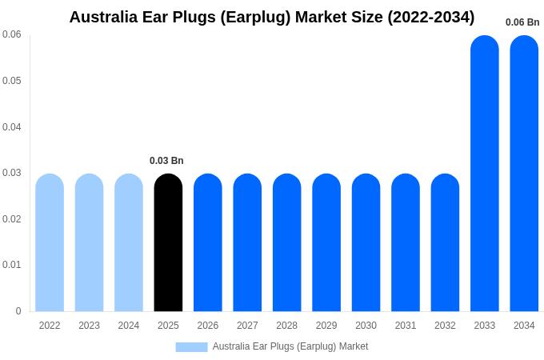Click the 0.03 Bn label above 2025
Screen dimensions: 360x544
pyautogui.click(x=166, y=161)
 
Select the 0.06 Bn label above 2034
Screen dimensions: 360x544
pyautogui.click(x=522, y=22)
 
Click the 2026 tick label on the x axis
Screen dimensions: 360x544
pyautogui.click(x=208, y=326)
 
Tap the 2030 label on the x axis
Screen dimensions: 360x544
pyautogui.click(x=366, y=326)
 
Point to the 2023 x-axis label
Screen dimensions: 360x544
pyautogui.click(x=89, y=326)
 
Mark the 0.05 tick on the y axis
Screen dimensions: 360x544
pyautogui.click(x=12, y=81)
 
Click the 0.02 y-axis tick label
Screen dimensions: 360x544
pyautogui.click(x=12, y=219)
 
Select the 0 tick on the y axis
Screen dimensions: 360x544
pyautogui.click(x=18, y=311)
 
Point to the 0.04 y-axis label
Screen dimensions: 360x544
pyautogui.click(x=12, y=127)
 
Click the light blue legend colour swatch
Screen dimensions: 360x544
pyautogui.click(x=191, y=347)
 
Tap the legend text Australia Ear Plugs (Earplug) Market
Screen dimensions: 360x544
pyautogui.click(x=290, y=346)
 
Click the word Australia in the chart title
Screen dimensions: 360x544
pyautogui.click(x=103, y=17)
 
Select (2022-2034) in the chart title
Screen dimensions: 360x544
pyautogui.click(x=431, y=17)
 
